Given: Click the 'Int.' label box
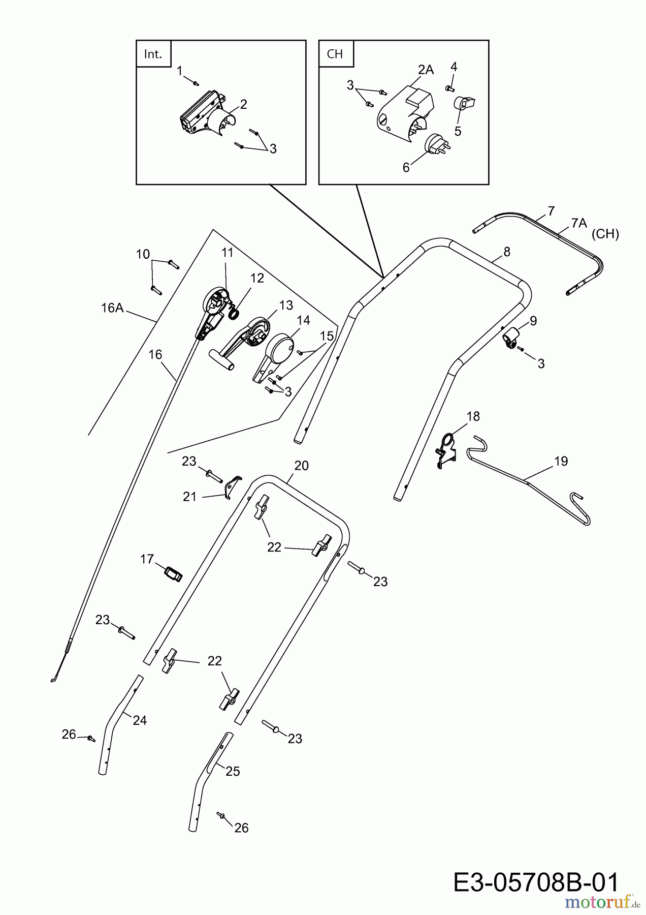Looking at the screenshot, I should (153, 54).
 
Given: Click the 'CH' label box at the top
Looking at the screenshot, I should (335, 54).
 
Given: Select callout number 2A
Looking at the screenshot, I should (426, 70).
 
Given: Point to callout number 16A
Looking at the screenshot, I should (112, 308).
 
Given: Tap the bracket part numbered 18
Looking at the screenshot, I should (446, 449).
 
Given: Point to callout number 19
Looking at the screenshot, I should (561, 462).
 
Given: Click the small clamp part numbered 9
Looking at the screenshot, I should (511, 336).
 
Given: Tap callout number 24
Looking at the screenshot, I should (140, 720).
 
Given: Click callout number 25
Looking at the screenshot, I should (232, 771).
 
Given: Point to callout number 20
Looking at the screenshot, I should (301, 466).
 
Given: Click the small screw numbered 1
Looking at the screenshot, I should (196, 82).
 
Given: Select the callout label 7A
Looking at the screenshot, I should (578, 223).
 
